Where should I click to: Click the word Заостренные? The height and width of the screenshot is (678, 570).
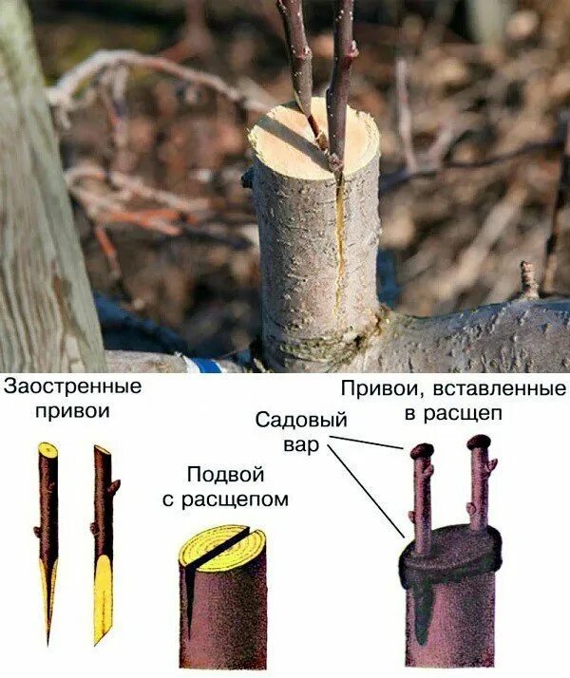72,387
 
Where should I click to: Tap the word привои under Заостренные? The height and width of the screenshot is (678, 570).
72,410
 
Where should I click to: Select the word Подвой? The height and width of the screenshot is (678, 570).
225,475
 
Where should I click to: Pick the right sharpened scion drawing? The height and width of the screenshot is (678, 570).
104,532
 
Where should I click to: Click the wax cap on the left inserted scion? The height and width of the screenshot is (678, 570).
423,450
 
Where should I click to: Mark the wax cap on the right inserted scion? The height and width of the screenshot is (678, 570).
479,442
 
